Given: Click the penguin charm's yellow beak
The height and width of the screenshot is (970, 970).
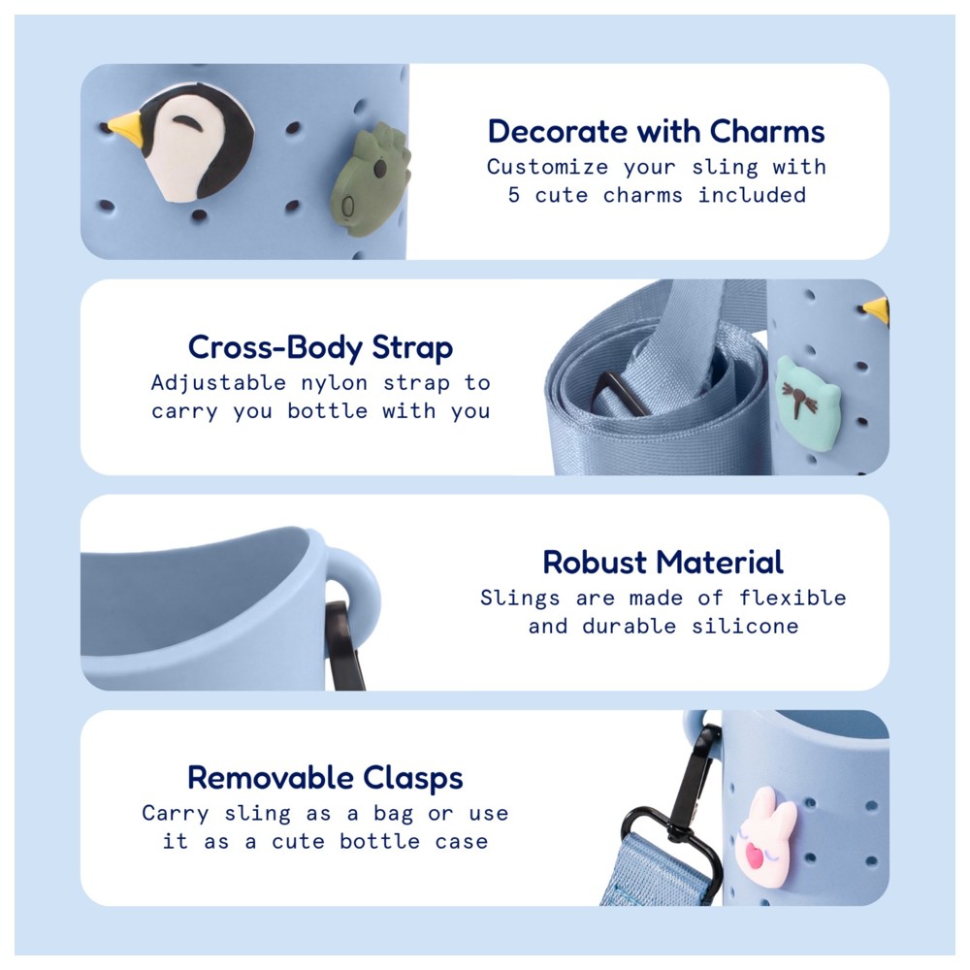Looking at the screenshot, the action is coord(126,127).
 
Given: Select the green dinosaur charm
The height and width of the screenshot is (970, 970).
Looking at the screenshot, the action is coord(370,179).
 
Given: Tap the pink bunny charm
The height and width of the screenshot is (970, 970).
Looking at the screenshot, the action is coord(765,836).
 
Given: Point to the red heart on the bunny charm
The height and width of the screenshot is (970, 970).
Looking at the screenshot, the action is coord(754,856).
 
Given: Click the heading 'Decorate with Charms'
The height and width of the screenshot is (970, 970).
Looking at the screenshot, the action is coord(657,132).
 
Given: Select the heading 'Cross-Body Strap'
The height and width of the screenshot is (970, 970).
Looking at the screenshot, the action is coord(320,347).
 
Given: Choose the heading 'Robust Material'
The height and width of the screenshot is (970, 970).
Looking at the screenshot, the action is coord(663,563).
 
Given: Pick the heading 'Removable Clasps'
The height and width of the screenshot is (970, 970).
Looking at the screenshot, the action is coord(325,778).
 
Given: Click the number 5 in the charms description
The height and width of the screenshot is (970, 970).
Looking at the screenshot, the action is coord(514,195).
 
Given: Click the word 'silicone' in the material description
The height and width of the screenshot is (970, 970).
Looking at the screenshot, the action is coord(745,626).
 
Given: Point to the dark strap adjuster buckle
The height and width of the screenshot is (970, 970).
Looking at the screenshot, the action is coord(619,394).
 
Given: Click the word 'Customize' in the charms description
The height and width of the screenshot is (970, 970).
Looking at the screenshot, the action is coord(547,167).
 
